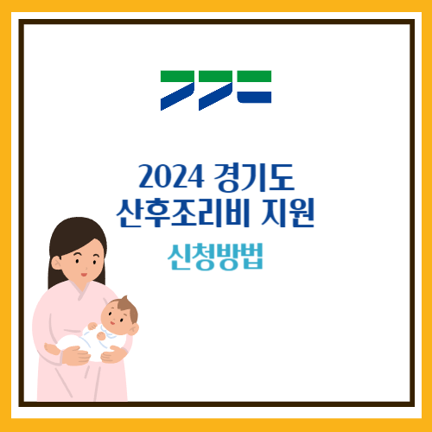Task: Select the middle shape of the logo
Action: [216, 89]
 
